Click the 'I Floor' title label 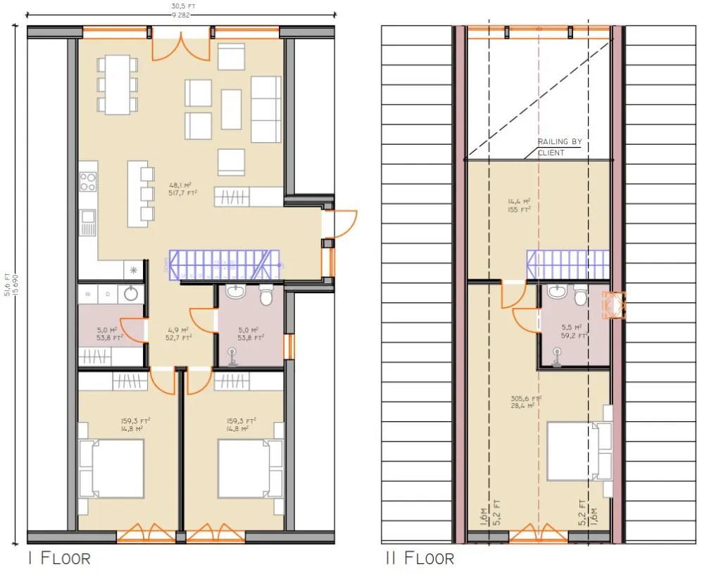click(x=59, y=558)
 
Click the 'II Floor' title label click(x=419, y=558)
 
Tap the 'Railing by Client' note click(x=560, y=147)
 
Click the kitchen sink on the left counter click(x=88, y=224)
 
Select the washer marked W click(x=88, y=294)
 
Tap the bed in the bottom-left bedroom click(x=113, y=468)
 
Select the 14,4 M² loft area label click(x=519, y=205)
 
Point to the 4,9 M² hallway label click(x=180, y=333)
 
